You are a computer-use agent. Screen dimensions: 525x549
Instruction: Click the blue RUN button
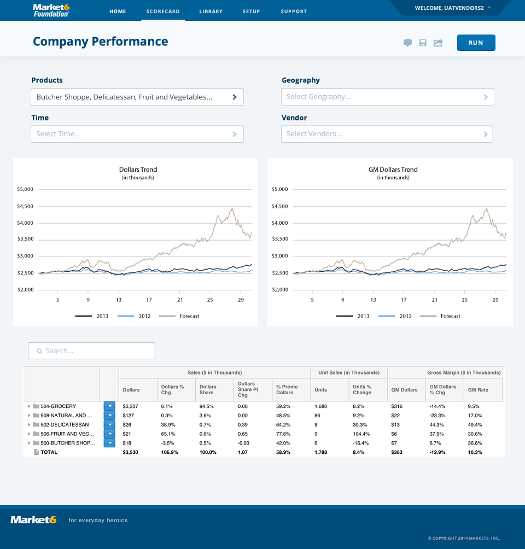(x=476, y=43)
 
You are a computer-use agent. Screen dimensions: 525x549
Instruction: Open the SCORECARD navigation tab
(x=163, y=11)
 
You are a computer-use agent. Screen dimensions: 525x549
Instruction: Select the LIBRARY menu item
(x=211, y=11)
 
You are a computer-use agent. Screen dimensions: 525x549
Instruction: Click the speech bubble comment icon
(x=407, y=43)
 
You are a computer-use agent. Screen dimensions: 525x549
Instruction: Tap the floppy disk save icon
(x=423, y=43)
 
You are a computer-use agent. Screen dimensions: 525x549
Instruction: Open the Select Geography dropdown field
(x=387, y=97)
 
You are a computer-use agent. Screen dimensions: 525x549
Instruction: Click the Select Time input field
(x=137, y=134)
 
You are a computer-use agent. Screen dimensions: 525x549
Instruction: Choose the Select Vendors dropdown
(x=387, y=134)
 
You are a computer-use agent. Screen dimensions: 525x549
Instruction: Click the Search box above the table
(x=91, y=351)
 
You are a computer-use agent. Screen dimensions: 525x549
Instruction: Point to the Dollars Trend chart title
(x=138, y=170)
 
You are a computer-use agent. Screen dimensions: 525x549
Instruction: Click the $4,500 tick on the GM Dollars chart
(x=280, y=206)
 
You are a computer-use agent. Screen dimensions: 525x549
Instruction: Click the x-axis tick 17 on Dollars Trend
(x=149, y=300)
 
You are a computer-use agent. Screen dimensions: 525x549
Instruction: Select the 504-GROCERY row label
(x=58, y=406)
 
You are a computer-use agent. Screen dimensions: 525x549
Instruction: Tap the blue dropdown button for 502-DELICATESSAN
(x=109, y=424)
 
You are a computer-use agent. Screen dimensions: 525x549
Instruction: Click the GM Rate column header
(x=478, y=390)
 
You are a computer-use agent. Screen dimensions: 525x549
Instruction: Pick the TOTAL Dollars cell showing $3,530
(x=130, y=452)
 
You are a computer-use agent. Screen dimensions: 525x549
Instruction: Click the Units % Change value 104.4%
(x=361, y=434)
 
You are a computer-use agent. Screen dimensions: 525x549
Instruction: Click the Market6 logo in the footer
(x=33, y=520)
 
